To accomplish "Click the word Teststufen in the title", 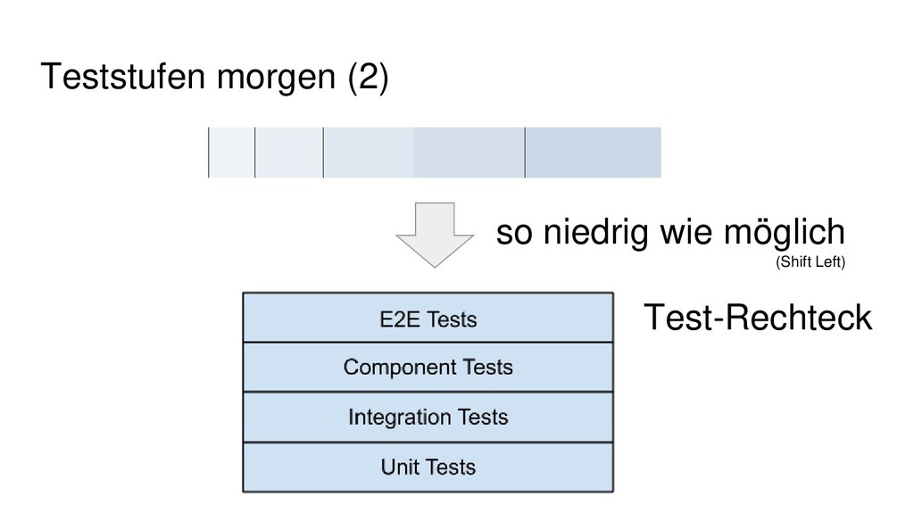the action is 123,77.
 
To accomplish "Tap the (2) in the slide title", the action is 368,78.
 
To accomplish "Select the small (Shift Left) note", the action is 810,262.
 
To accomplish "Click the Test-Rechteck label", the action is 758,318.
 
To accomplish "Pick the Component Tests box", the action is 428,367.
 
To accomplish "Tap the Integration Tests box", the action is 428,418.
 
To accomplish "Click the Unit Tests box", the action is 428,468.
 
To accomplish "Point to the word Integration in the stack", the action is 399,418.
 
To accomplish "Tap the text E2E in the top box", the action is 400,319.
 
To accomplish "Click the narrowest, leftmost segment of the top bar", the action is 231,152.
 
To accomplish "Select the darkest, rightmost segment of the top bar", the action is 593,152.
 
